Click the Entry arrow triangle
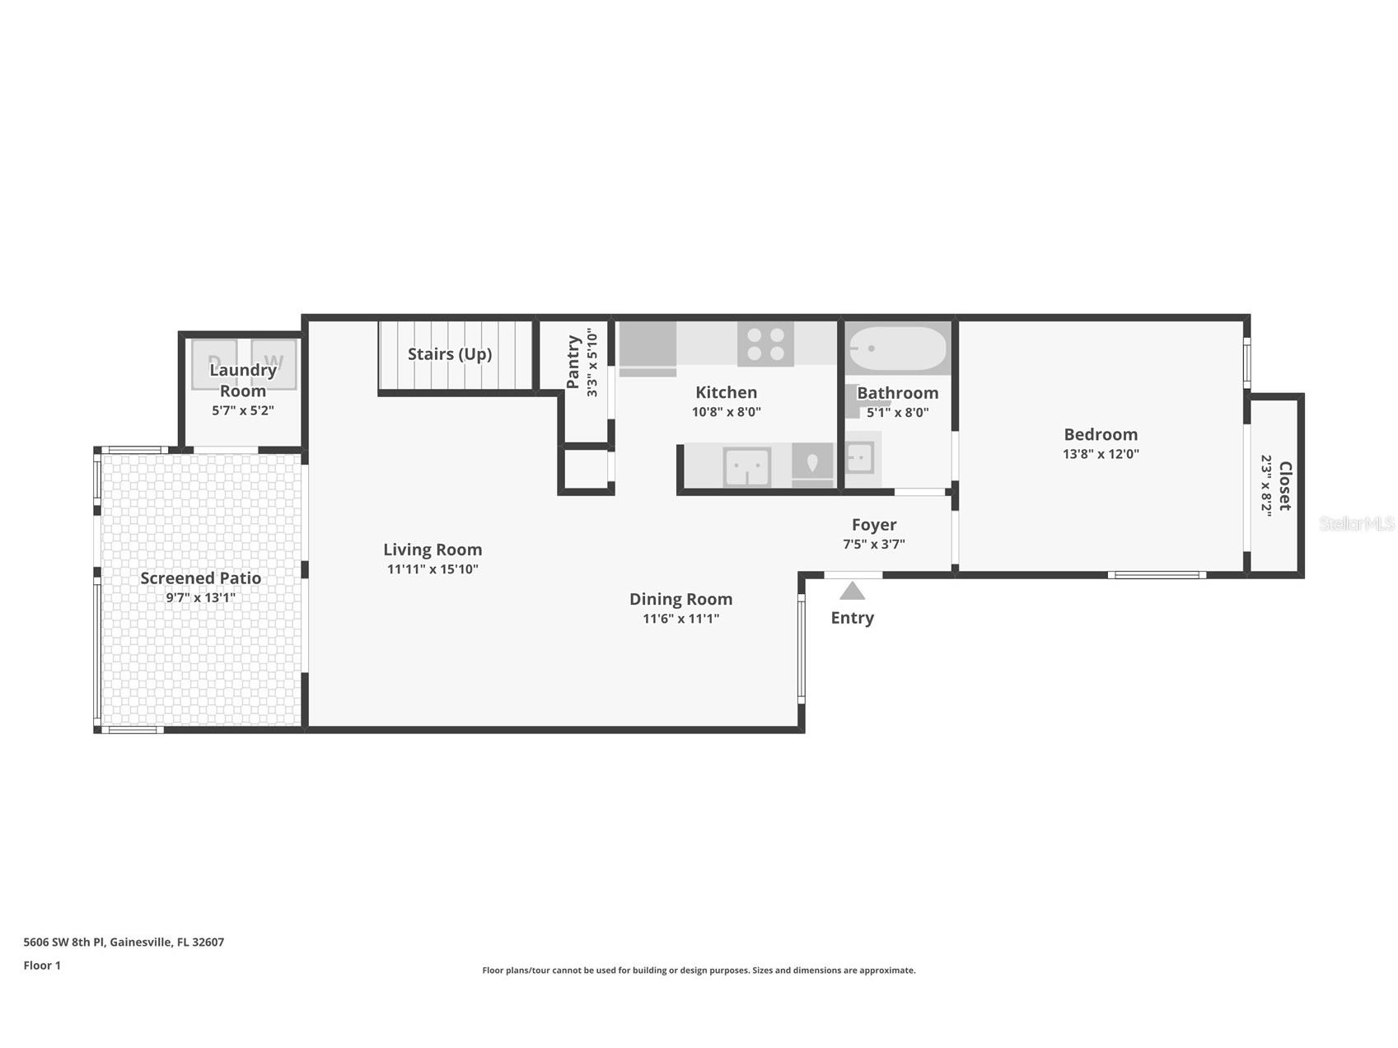pos(852,591)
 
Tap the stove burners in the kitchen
pos(765,344)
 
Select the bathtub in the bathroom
pos(898,349)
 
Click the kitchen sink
pos(747,467)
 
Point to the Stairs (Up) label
pos(450,354)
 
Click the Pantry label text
pos(573,362)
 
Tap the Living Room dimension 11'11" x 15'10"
pos(432,569)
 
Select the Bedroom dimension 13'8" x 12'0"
pos(1101,454)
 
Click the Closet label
pos(1284,486)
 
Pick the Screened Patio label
pos(201,578)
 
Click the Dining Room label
pos(680,600)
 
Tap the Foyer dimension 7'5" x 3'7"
pos(874,544)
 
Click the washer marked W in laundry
pos(274,364)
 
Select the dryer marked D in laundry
pos(214,364)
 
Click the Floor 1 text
pos(42,966)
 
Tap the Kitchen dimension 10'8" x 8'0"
pos(727,412)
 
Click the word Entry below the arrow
pos(853,618)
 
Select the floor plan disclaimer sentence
pos(699,971)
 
